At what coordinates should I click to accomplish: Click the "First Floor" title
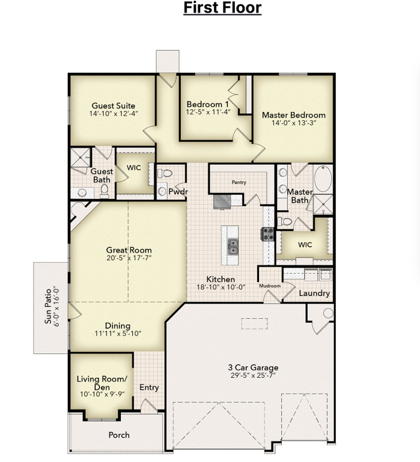[x=222, y=8]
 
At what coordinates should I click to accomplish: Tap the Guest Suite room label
[x=113, y=105]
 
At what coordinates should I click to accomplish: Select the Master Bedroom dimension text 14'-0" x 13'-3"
[x=294, y=123]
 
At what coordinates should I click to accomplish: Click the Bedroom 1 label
[x=207, y=103]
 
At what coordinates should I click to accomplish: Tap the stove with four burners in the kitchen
[x=267, y=233]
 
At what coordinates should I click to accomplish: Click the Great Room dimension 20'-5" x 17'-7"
[x=129, y=258]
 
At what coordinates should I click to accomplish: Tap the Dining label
[x=118, y=325]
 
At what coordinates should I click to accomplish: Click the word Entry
[x=149, y=387]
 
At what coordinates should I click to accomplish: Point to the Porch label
[x=118, y=435]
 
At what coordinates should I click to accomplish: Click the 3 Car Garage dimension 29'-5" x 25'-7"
[x=252, y=376]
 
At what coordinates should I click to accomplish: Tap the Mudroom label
[x=270, y=286]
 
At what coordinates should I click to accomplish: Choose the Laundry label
[x=314, y=293]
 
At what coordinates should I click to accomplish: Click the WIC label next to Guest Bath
[x=134, y=168]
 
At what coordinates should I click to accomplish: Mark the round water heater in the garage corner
[x=327, y=313]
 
